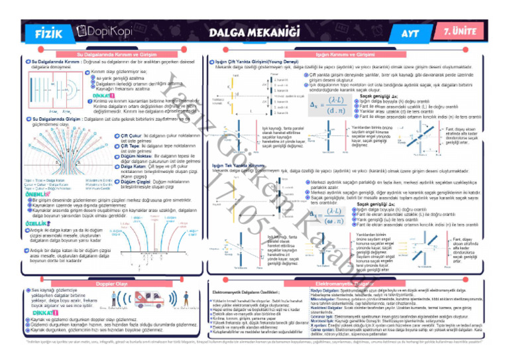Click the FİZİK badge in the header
(50, 31)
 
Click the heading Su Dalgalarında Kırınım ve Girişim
(117, 53)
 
